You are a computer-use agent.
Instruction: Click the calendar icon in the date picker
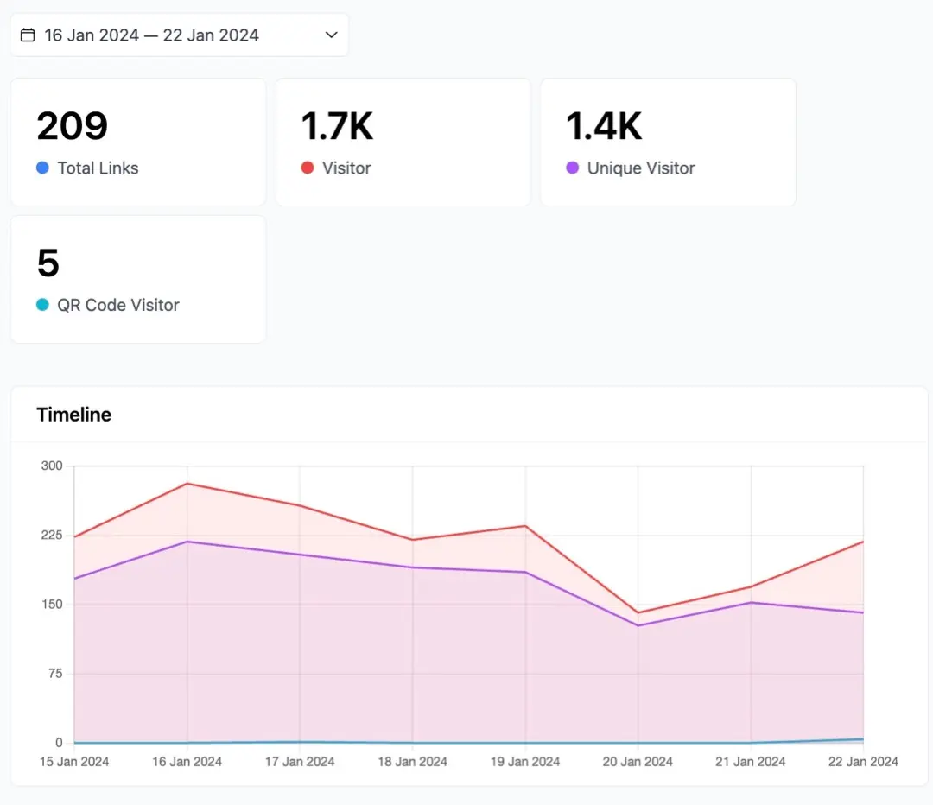[x=28, y=35]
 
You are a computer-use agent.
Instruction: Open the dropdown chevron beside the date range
[x=332, y=35]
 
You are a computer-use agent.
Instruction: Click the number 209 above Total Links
[x=72, y=126]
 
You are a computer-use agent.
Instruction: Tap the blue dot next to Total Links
[x=42, y=168]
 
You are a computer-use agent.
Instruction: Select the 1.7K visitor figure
[x=337, y=126]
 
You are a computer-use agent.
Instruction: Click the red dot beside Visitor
[x=308, y=168]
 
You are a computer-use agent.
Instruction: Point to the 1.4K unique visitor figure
[x=604, y=126]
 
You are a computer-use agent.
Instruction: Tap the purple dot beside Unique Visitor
[x=573, y=168]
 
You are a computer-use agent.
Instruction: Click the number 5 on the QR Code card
[x=48, y=263]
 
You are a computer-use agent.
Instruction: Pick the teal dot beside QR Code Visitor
[x=42, y=305]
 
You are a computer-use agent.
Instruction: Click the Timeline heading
[x=73, y=415]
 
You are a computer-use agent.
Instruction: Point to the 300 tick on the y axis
[x=52, y=466]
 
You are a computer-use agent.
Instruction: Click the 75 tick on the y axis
[x=55, y=674]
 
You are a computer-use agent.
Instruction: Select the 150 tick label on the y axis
[x=52, y=605]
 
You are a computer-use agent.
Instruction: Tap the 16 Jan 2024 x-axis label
[x=187, y=762]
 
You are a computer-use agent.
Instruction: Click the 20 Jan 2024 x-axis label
[x=638, y=762]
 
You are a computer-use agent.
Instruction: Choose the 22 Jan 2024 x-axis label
[x=863, y=762]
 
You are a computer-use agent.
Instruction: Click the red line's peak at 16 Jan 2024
[x=187, y=483]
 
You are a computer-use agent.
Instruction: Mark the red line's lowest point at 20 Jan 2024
[x=638, y=613]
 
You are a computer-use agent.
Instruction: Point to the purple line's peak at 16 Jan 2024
[x=187, y=542]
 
